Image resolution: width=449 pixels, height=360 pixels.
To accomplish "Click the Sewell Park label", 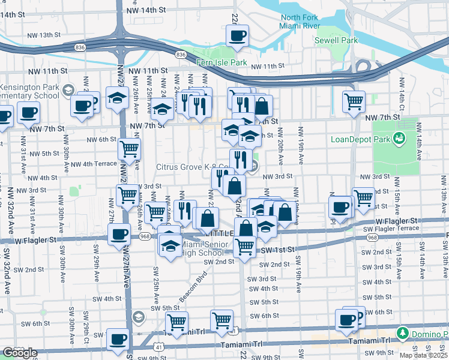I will (x=336, y=40).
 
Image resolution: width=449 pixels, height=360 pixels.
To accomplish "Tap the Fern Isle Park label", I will (x=221, y=62).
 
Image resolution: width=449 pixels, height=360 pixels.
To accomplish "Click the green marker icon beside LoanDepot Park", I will (x=397, y=139).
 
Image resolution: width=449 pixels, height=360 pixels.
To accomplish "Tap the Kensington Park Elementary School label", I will (x=30, y=91).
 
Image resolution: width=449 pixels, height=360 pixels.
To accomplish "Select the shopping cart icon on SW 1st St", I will (x=244, y=246).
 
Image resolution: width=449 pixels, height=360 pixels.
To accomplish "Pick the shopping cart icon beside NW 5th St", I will (x=129, y=148).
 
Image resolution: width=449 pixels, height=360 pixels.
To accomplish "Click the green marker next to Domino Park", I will (x=402, y=332).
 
